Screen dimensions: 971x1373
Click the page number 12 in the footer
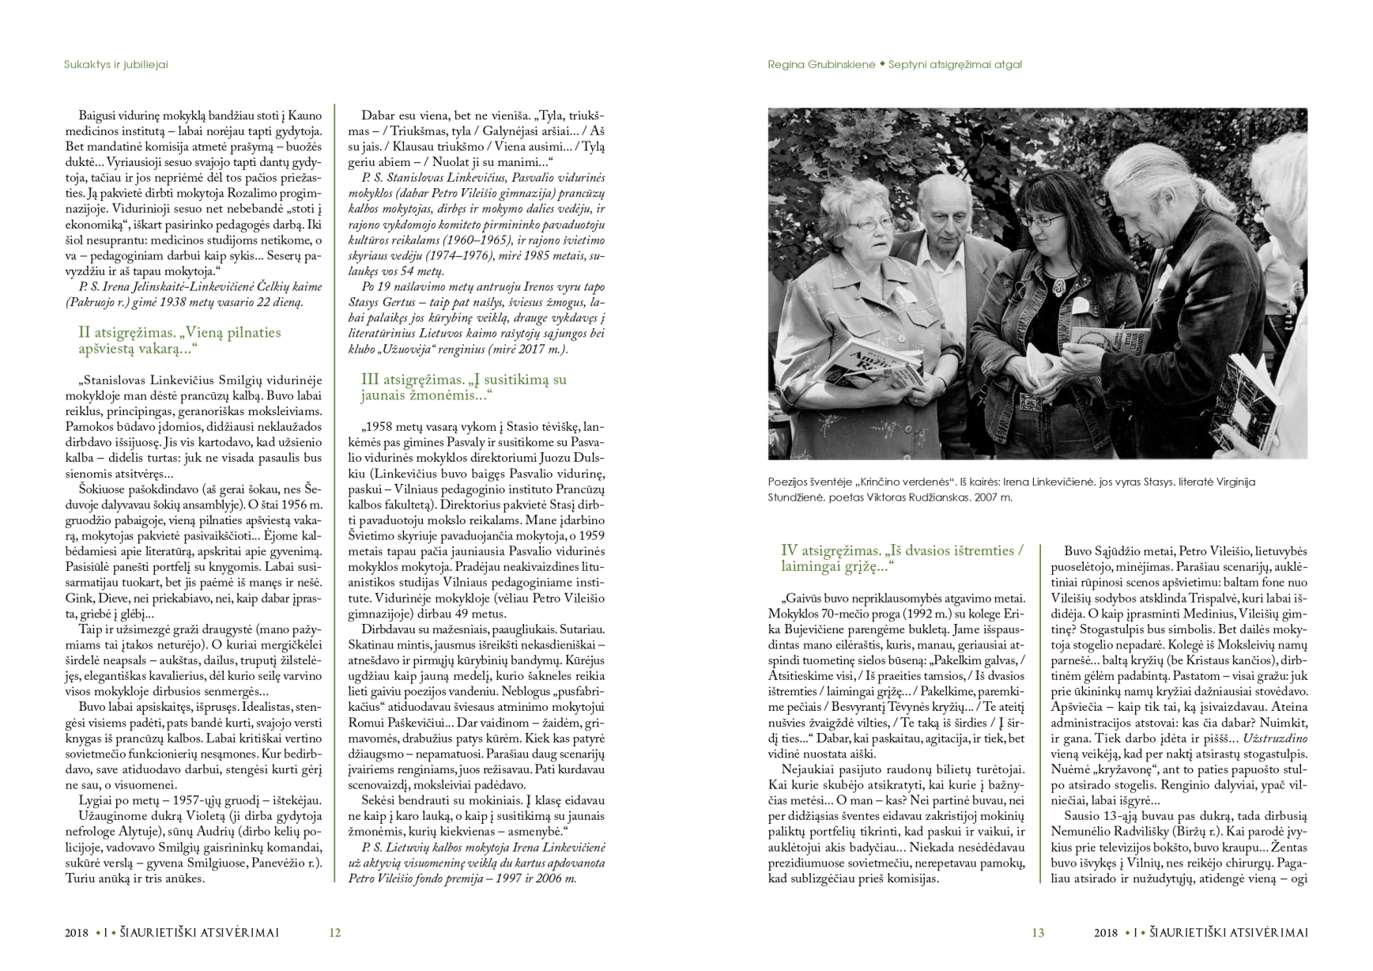click(334, 933)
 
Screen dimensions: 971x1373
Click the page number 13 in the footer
click(1038, 933)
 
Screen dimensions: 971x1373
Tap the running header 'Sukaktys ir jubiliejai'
click(115, 65)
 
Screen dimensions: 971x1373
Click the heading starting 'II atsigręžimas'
click(179, 340)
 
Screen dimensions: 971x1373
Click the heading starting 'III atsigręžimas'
click(463, 387)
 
